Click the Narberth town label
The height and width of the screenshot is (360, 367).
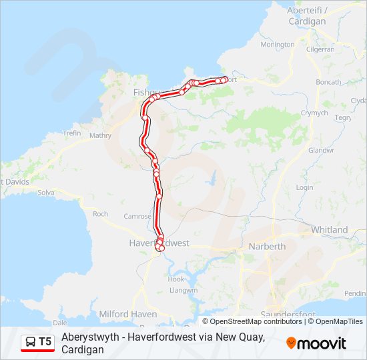(x=267, y=247)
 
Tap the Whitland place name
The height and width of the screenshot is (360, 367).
(x=329, y=230)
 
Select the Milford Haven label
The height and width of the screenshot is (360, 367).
(x=127, y=314)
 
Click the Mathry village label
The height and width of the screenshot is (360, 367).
(x=100, y=135)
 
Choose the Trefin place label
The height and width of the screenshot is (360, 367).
(x=71, y=133)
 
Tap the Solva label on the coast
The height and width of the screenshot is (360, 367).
(x=46, y=193)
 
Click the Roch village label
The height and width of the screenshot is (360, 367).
(x=100, y=214)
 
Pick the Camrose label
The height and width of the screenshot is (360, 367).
(x=137, y=217)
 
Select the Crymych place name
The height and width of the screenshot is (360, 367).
(x=314, y=113)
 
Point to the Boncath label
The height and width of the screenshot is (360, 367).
(x=328, y=82)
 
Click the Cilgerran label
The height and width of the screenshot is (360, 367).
(x=320, y=49)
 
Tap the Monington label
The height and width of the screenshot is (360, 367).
(x=277, y=45)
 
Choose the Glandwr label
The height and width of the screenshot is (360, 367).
(x=320, y=151)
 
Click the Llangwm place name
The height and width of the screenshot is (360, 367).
(x=183, y=290)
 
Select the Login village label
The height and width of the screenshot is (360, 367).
(x=304, y=188)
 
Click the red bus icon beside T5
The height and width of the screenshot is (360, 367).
(x=31, y=342)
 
